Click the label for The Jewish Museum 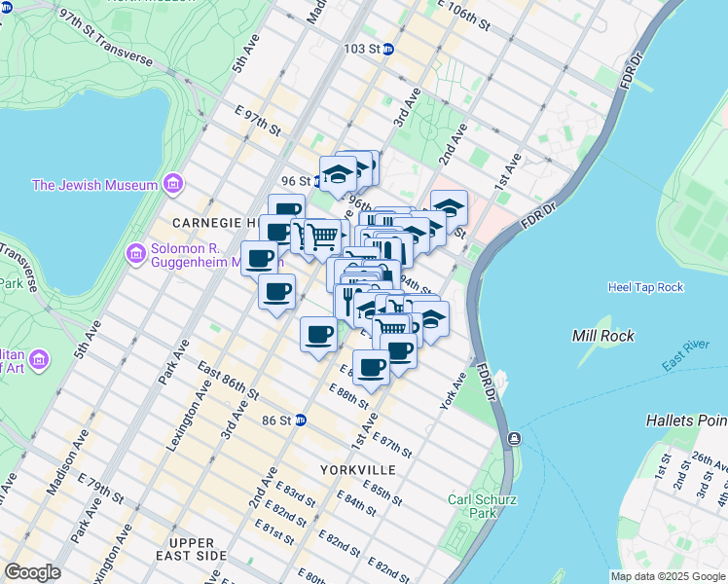pyautogui.click(x=94, y=185)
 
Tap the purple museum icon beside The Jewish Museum pyautogui.click(x=173, y=184)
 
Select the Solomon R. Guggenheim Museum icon pyautogui.click(x=136, y=254)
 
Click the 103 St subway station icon pyautogui.click(x=387, y=48)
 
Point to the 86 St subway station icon pyautogui.click(x=301, y=420)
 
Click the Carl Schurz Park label pyautogui.click(x=474, y=506)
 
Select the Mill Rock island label pyautogui.click(x=602, y=336)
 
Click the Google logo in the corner pyautogui.click(x=31, y=572)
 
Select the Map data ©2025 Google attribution pyautogui.click(x=668, y=576)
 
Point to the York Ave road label pyautogui.click(x=453, y=390)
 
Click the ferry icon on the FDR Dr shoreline pyautogui.click(x=513, y=440)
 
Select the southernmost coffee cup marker pyautogui.click(x=371, y=367)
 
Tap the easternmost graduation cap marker pyautogui.click(x=449, y=206)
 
